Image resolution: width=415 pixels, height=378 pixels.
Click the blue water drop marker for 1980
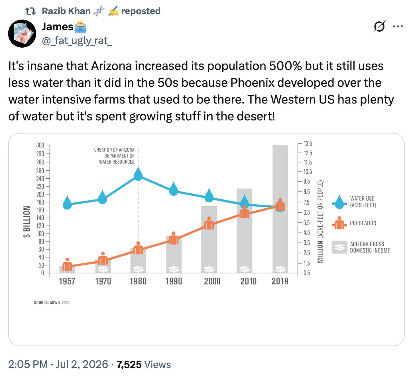[138, 174]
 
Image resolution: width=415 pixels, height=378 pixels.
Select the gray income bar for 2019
[280, 209]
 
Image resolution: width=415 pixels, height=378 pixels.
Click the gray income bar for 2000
[209, 240]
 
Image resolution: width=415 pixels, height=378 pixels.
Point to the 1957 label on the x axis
[67, 281]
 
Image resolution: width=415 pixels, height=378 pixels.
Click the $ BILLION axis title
[27, 222]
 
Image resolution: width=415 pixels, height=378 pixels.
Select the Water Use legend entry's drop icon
[339, 202]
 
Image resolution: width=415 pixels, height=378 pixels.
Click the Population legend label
[363, 223]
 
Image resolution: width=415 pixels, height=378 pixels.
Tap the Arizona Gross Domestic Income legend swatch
[339, 247]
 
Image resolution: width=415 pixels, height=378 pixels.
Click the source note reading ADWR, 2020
[52, 303]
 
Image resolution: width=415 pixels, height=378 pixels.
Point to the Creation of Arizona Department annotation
[114, 156]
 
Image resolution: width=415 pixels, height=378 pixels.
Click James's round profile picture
[22, 34]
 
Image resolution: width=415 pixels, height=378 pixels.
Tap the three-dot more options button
[398, 27]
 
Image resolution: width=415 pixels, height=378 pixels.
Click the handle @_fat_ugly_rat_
[77, 41]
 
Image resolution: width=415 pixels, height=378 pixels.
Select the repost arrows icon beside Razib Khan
[30, 11]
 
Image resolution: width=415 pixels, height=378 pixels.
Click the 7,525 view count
[129, 365]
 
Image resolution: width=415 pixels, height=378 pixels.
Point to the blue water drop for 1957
[67, 202]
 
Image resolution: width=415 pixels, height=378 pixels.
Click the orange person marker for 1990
[174, 238]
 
